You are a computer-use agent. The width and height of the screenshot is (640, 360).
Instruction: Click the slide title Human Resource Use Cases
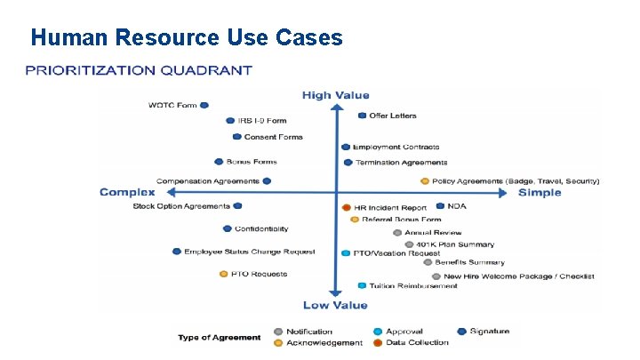tap(186, 37)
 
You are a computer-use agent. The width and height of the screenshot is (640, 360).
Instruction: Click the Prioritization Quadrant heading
tap(138, 70)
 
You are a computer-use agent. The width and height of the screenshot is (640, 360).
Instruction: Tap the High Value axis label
tap(335, 95)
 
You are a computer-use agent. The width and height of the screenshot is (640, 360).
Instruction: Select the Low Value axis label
tap(334, 305)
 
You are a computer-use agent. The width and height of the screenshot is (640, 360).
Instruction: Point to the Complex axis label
tap(127, 192)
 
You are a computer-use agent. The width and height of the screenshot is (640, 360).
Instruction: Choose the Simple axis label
tap(540, 192)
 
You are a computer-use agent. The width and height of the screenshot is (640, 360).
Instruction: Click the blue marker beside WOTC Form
tap(204, 105)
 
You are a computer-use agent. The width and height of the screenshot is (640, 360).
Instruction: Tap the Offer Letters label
tap(392, 116)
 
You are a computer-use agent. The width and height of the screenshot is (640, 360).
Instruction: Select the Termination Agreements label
tap(401, 163)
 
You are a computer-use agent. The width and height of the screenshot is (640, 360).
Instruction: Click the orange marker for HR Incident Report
tap(347, 208)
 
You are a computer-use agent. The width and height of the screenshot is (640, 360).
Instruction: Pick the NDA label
tap(456, 206)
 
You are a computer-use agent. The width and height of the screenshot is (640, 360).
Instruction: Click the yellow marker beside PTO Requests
tap(224, 274)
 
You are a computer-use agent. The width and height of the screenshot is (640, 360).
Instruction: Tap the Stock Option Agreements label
tap(181, 206)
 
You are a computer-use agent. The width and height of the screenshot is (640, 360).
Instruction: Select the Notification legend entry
tap(308, 332)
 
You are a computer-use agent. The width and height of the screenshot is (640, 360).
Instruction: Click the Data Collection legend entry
tap(416, 342)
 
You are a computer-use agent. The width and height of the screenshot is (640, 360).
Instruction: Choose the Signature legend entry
tap(490, 332)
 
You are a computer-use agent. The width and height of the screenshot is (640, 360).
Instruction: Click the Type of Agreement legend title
tap(220, 337)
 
